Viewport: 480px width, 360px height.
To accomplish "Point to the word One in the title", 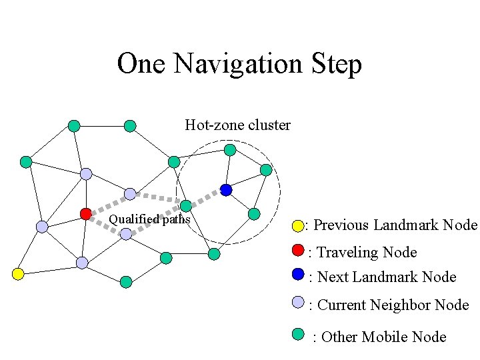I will [142, 65].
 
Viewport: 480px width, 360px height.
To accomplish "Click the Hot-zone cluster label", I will [237, 125].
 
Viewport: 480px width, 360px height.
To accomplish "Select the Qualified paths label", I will [149, 219].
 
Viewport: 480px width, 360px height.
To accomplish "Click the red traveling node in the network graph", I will [85, 213].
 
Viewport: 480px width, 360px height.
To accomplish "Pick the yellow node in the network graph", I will [18, 274].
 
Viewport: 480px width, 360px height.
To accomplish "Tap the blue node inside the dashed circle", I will [226, 190].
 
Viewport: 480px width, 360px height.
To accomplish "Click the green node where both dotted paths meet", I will [186, 206].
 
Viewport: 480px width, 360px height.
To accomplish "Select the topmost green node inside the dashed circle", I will [229, 149].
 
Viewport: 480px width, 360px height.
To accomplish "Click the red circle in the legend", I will [298, 251].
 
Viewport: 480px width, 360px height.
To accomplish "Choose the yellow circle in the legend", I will [297, 226].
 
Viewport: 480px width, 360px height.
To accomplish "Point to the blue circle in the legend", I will [298, 274].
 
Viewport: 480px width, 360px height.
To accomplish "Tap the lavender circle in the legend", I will [298, 302].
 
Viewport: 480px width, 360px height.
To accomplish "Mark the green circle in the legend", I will [298, 333].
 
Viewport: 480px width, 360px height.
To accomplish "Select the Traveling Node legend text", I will [366, 252].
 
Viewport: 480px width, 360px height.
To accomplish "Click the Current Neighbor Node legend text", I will [393, 305].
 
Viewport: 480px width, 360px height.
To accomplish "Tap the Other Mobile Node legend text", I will [383, 337].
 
